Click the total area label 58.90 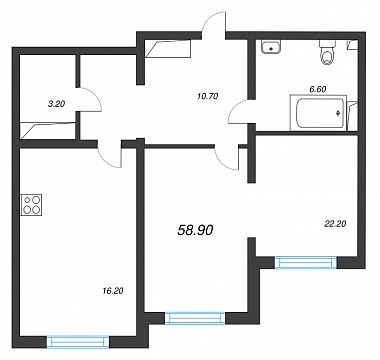point(196,230)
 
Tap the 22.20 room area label point(336,224)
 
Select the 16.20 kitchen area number point(112,291)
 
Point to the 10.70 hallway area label point(207,96)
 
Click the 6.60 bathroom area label point(317,89)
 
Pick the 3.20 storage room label point(57,104)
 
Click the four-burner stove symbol point(31,204)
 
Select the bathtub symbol point(318,113)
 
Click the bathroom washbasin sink point(271,47)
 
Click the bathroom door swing point(239,112)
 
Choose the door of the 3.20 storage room point(90,99)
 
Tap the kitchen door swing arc point(109,157)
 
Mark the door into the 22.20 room point(227,157)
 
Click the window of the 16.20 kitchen point(78,342)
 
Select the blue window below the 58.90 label point(195,318)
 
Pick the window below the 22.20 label point(306,262)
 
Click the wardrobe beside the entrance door point(168,48)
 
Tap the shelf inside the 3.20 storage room point(48,130)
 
